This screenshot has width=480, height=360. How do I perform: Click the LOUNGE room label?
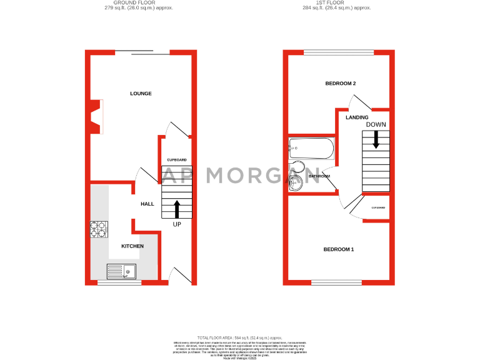[x=141, y=94]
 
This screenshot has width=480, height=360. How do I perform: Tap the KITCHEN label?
[x=132, y=246]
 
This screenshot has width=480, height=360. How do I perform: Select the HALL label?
[x=147, y=204]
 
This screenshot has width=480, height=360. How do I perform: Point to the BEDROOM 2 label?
[x=341, y=84]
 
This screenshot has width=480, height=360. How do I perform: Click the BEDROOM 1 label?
[x=338, y=249]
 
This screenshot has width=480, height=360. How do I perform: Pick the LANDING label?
[x=357, y=117]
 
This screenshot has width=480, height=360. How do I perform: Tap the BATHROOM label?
[x=319, y=176]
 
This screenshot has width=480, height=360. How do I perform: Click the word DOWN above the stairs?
[x=376, y=124]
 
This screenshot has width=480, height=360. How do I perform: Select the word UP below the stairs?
[x=176, y=224]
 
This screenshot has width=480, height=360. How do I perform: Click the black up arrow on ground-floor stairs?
[x=176, y=209]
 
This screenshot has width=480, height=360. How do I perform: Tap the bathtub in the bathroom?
[x=311, y=149]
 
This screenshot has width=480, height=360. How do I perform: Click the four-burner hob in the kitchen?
[x=99, y=230]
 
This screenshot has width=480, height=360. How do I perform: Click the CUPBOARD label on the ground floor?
[x=177, y=160]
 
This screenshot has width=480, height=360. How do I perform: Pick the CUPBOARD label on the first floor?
[x=377, y=207]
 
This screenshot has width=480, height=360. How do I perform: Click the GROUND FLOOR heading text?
[x=138, y=3]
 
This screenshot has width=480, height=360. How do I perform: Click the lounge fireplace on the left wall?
[x=96, y=117]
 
